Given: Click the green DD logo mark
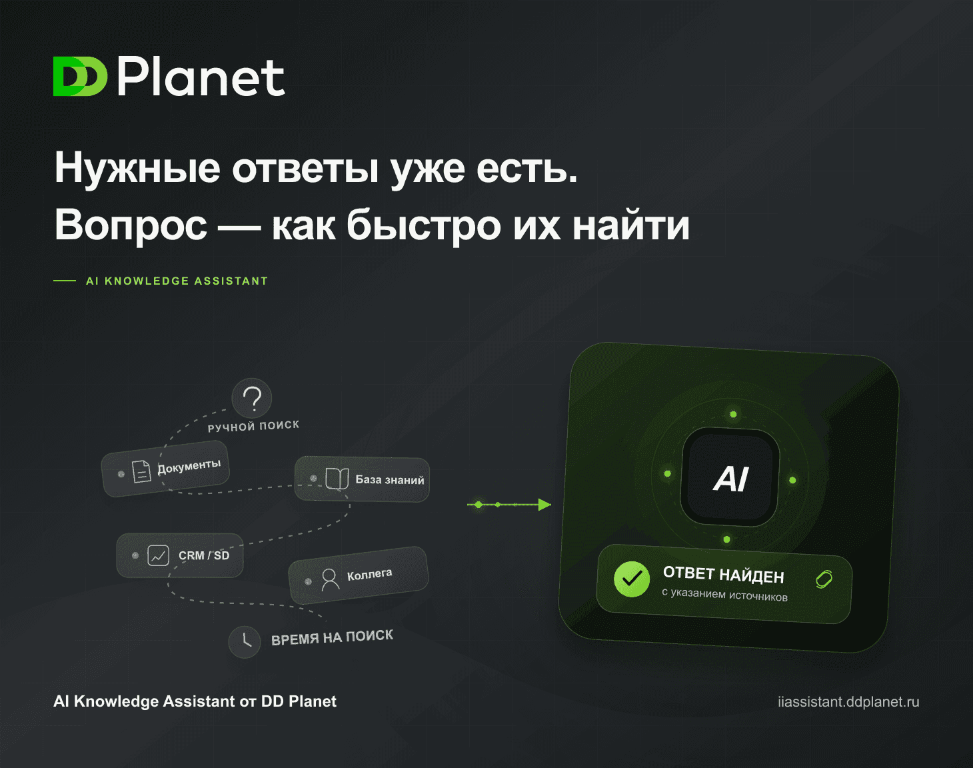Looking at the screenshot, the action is [x=80, y=77].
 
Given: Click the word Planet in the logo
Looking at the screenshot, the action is [x=201, y=77].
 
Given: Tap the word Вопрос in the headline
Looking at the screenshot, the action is [x=131, y=226].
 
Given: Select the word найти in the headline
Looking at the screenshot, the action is [x=630, y=225].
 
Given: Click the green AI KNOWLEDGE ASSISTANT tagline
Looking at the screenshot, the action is [x=177, y=281].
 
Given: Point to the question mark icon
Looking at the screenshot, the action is [x=252, y=398].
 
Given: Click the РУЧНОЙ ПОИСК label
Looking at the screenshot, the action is [x=253, y=426].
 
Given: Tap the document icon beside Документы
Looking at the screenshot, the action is [x=141, y=472].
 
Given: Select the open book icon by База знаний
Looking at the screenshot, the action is [x=337, y=479].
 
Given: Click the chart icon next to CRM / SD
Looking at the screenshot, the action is [x=158, y=555].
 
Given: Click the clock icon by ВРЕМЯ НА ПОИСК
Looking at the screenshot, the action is [x=245, y=642].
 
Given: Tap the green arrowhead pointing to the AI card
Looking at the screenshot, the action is [x=544, y=505].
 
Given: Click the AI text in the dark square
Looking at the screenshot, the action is [x=730, y=479].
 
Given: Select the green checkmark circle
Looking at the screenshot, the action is [x=632, y=579].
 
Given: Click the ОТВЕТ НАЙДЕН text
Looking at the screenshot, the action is [x=724, y=575].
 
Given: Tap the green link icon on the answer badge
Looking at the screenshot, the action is [x=824, y=579].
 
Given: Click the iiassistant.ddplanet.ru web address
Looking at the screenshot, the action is [x=848, y=701].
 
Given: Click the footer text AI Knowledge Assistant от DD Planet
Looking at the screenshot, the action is [x=195, y=701].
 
